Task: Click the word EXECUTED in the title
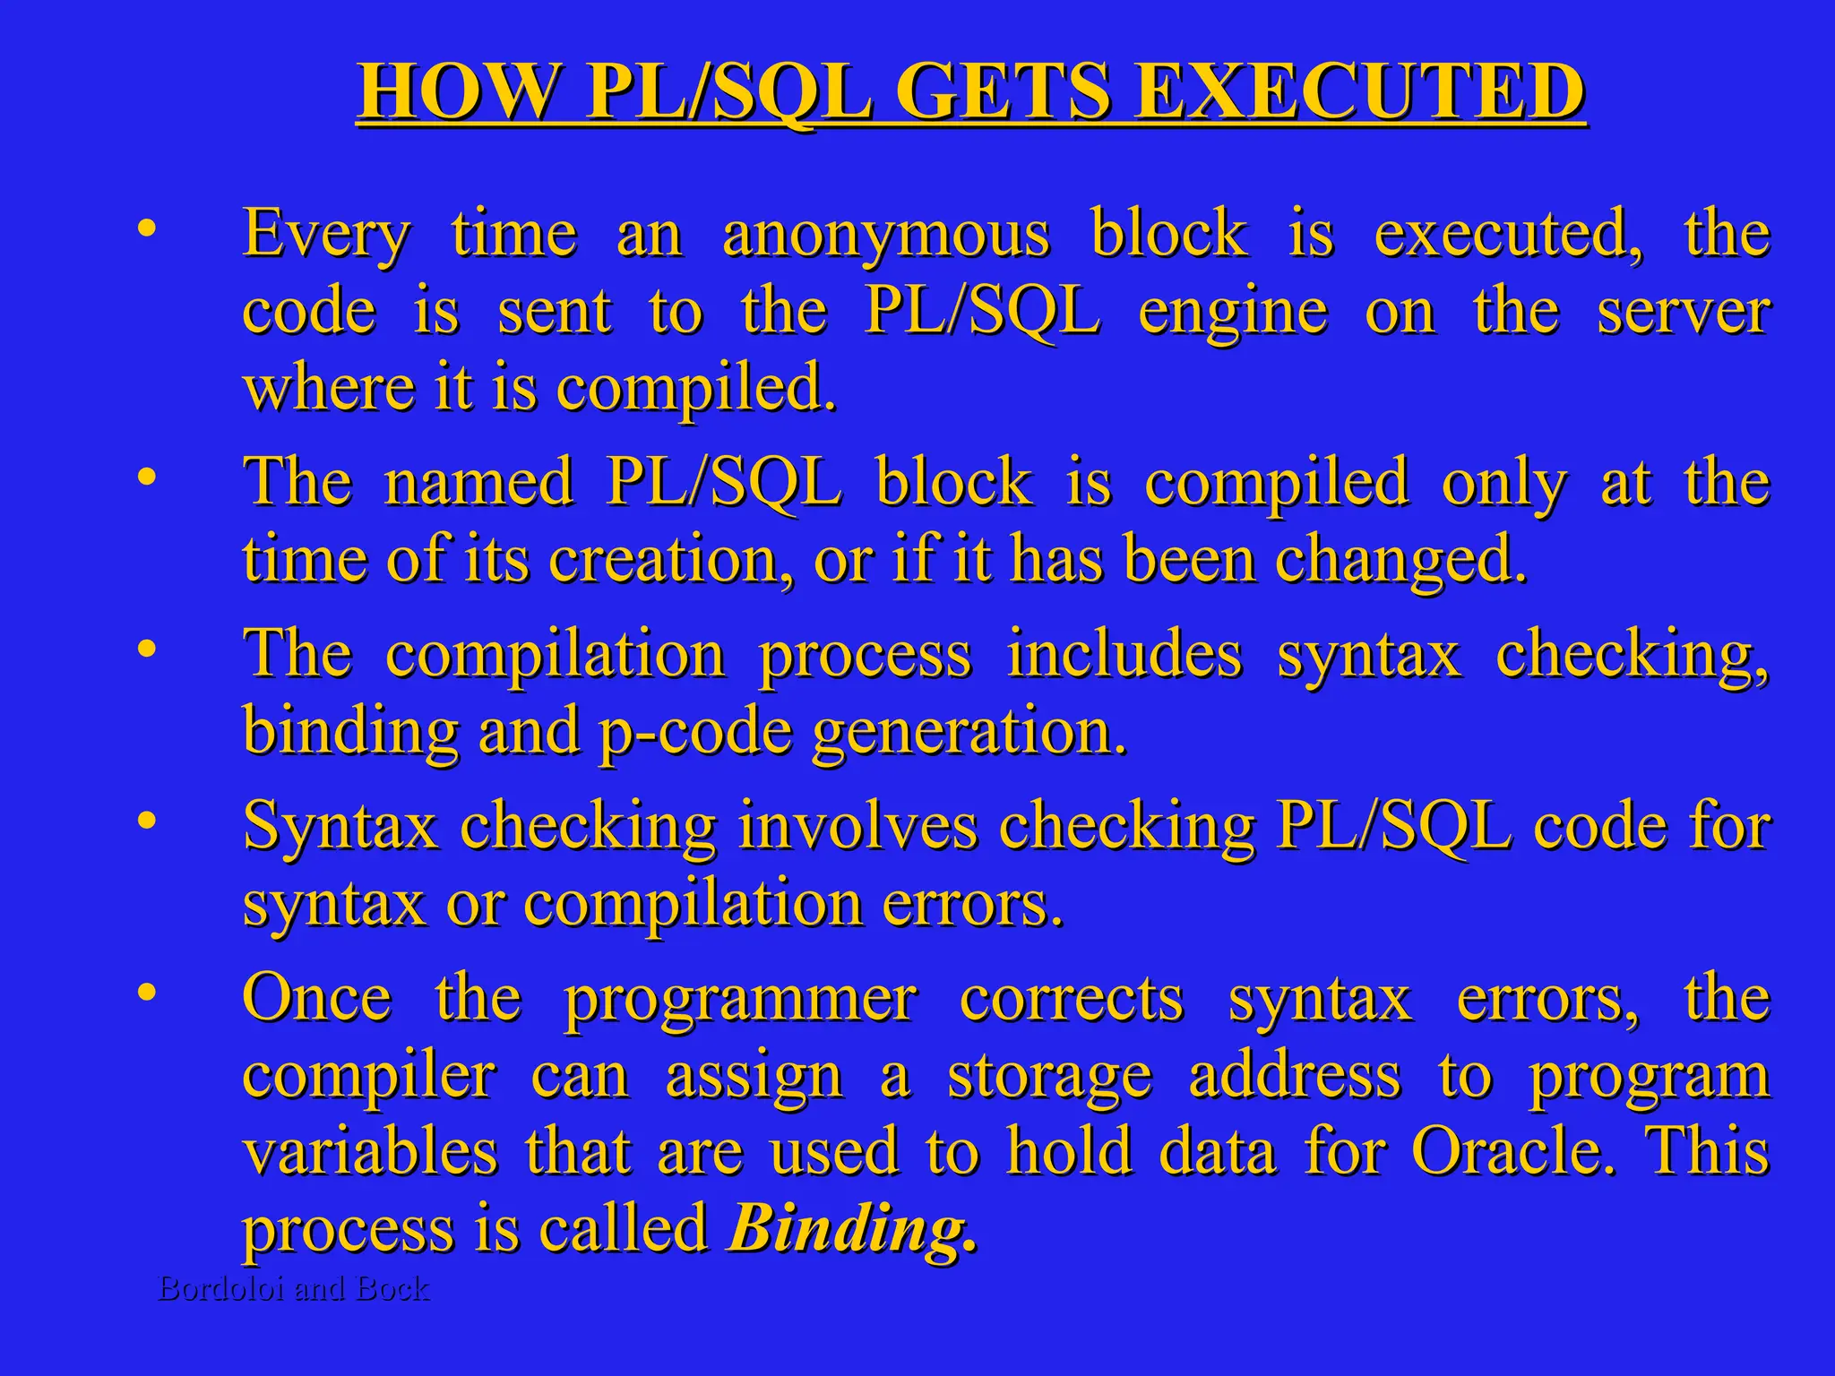tap(1359, 91)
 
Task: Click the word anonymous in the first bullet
tap(885, 235)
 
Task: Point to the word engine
tap(1233, 313)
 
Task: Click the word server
tap(1684, 313)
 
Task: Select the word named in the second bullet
tap(478, 481)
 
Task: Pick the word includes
tap(1124, 654)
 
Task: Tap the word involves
tap(858, 825)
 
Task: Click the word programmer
tap(741, 998)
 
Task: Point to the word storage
tap(1049, 1076)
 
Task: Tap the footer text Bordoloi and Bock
tap(294, 1288)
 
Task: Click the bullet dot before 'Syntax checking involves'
tap(147, 820)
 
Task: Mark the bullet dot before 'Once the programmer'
tap(147, 992)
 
